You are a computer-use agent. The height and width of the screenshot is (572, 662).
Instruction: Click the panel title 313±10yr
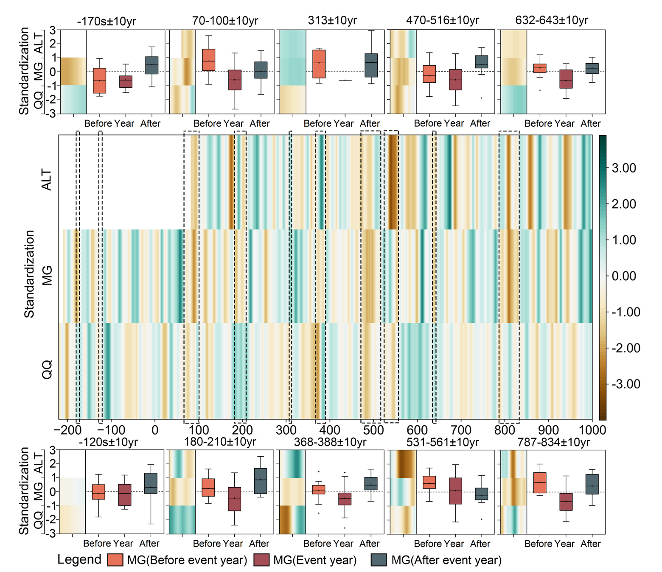tap(332, 20)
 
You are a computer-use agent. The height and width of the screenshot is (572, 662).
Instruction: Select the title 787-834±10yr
tap(553, 442)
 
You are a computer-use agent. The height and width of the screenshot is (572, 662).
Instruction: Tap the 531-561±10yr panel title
tap(443, 442)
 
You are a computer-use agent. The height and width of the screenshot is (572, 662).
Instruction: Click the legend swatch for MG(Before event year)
tap(115, 560)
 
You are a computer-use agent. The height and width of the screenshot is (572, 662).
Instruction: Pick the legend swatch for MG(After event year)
tap(379, 560)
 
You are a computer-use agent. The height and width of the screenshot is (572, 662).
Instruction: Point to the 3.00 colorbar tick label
tap(623, 168)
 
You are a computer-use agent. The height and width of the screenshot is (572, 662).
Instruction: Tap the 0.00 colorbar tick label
tap(623, 276)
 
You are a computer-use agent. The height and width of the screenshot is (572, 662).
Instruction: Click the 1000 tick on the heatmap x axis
tap(592, 430)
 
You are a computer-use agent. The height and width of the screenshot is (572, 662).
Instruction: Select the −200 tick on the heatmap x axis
tap(67, 430)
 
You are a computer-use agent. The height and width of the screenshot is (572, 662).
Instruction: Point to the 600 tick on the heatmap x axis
tap(417, 430)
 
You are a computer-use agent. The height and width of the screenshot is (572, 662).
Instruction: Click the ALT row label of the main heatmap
tap(47, 180)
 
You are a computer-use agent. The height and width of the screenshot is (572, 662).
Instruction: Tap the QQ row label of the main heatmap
tap(47, 369)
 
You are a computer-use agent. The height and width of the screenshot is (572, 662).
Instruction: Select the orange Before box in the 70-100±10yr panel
tap(208, 60)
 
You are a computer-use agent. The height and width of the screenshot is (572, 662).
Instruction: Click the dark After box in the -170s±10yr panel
tap(151, 65)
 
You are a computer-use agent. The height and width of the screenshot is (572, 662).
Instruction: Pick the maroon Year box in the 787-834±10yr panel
tap(566, 502)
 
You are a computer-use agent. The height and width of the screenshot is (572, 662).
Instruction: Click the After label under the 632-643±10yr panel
tap(590, 123)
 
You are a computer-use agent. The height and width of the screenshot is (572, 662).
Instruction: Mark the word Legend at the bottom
tap(79, 560)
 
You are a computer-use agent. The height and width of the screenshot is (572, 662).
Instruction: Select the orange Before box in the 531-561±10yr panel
tap(429, 483)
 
